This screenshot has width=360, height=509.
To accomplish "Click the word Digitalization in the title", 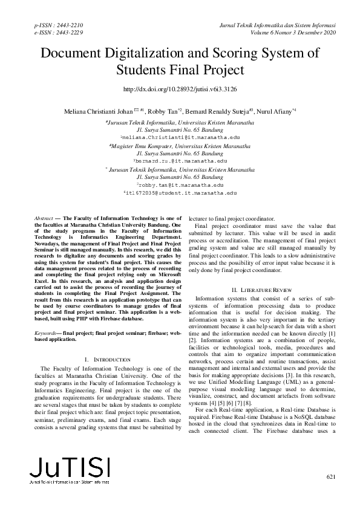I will [x=154, y=53].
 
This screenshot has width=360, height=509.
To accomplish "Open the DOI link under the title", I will [x=180, y=89].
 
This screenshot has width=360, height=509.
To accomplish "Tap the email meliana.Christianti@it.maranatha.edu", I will [x=180, y=138].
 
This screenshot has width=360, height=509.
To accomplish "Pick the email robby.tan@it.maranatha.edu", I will [x=180, y=184].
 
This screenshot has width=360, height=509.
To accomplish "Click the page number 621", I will [x=330, y=478].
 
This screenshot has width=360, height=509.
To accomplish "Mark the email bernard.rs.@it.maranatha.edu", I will [x=180, y=161].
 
